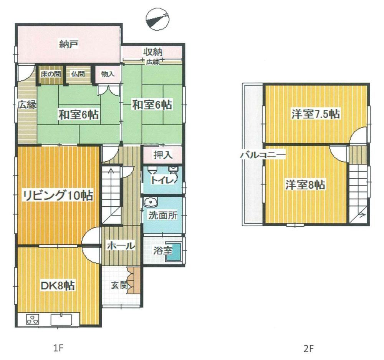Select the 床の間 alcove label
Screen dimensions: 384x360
tap(51, 74)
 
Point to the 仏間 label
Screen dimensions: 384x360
tap(78, 74)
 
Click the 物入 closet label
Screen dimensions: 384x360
tap(108, 74)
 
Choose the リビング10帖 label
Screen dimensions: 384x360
tap(58, 196)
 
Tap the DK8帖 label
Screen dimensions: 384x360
tap(58, 285)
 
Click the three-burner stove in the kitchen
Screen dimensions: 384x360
tap(33, 320)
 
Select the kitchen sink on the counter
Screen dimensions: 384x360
tap(61, 320)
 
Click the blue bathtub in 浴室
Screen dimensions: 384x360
tap(174, 252)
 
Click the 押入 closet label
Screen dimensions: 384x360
tap(162, 155)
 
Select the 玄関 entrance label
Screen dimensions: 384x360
tap(119, 285)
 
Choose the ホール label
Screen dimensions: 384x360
tap(121, 246)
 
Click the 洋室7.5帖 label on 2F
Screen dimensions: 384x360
tap(315, 114)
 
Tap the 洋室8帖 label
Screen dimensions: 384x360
tap(305, 184)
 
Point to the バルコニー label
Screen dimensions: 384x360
tap(263, 155)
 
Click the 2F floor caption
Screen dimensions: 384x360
tap(308, 348)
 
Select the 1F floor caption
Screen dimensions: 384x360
tap(58, 348)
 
